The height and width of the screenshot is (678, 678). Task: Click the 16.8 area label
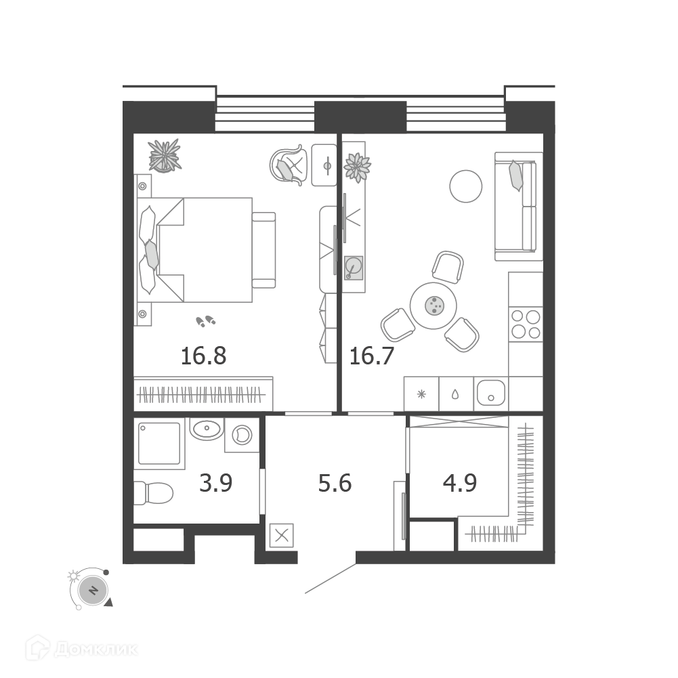pos(203,356)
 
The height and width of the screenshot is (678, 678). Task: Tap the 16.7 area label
pos(371,356)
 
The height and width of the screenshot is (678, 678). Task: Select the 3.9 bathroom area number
pos(216,483)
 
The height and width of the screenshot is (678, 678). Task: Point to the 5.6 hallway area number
pos(335,483)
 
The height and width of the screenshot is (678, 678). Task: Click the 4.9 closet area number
pos(460,483)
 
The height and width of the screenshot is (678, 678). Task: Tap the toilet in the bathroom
pos(153,493)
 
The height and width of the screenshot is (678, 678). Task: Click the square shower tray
pos(159,443)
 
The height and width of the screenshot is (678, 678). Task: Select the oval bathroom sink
pos(207,429)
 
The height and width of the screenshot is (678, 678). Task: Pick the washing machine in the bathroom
pos(242,435)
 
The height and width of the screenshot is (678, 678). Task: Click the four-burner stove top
pos(526,324)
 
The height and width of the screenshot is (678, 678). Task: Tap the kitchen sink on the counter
pos(491,393)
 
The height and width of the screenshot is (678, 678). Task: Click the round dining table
pos(433,305)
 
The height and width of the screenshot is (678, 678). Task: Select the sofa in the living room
pos(518,207)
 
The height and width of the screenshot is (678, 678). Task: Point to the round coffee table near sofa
pos(466,186)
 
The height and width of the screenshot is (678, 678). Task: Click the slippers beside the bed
pos(206,321)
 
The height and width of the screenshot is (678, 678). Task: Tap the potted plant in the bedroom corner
pos(165,156)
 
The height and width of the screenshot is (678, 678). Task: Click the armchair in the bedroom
pos(289,165)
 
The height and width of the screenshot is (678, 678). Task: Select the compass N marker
pos(93,590)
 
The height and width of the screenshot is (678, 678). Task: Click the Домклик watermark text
pos(96,650)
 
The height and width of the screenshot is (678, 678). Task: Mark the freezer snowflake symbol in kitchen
pos(421,394)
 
